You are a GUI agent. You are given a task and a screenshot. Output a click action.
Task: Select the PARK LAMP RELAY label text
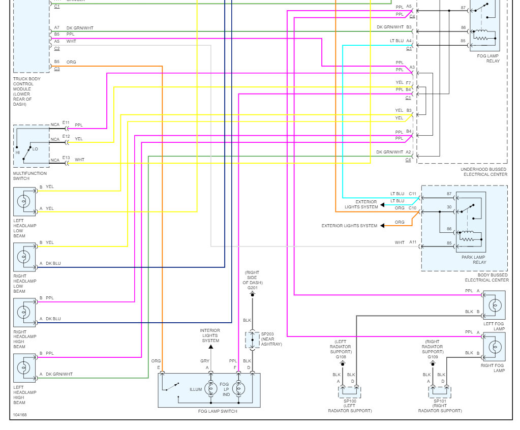click(x=474, y=260)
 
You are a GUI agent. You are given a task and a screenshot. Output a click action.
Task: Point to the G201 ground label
click(x=253, y=288)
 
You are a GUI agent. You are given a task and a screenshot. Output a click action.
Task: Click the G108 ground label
click(x=341, y=357)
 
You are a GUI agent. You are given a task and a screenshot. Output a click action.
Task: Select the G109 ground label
click(x=433, y=357)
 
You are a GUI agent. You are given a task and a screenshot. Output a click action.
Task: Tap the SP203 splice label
click(x=267, y=334)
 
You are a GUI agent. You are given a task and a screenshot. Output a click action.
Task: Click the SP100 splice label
click(x=350, y=401)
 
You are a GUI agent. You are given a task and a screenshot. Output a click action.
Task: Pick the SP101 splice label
click(x=440, y=401)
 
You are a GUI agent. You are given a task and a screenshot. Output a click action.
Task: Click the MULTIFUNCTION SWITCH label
click(x=30, y=176)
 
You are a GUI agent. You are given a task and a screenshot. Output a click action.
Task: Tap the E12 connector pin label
click(x=66, y=136)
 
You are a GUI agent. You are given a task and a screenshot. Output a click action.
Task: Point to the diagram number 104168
click(x=20, y=415)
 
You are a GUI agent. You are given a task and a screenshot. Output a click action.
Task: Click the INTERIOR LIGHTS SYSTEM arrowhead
click(x=210, y=347)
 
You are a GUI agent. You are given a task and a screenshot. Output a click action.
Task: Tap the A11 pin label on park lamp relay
click(x=412, y=242)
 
